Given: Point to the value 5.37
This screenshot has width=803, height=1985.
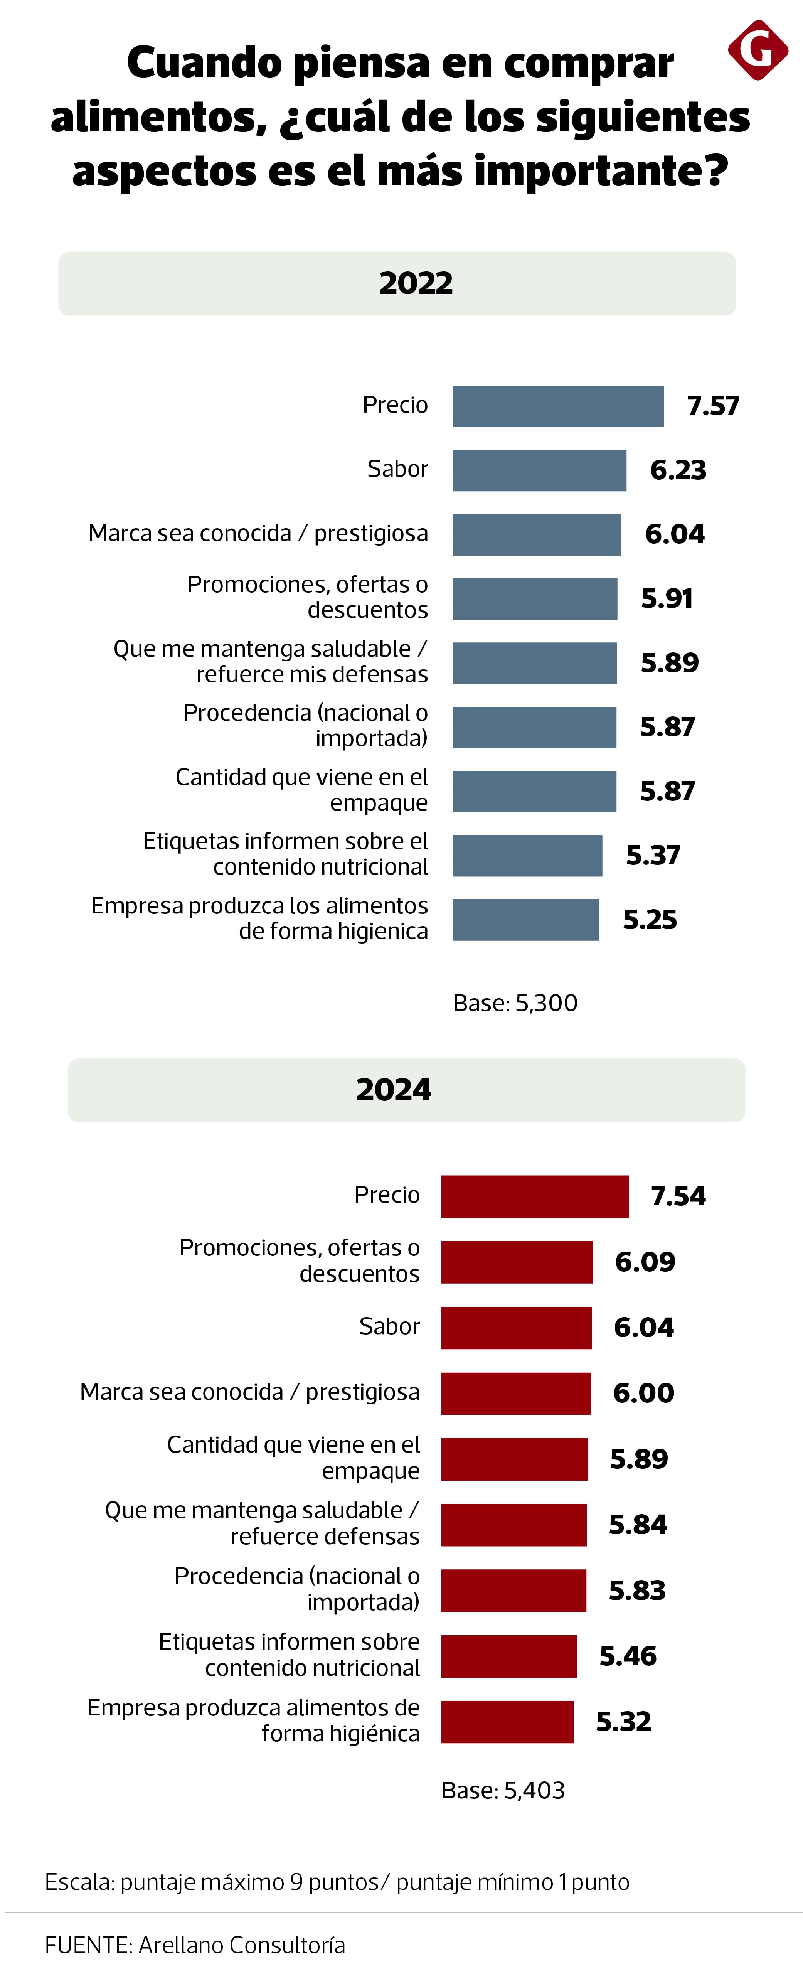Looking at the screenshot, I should [653, 855].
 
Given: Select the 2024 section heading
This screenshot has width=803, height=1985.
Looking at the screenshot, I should [394, 1090].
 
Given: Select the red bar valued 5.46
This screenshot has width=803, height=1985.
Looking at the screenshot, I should [508, 1656].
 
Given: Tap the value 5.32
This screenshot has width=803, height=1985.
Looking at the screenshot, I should [623, 1722].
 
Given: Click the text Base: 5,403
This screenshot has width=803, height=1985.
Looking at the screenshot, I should [502, 1790].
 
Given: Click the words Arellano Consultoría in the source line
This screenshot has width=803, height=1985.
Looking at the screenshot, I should [242, 1945].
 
